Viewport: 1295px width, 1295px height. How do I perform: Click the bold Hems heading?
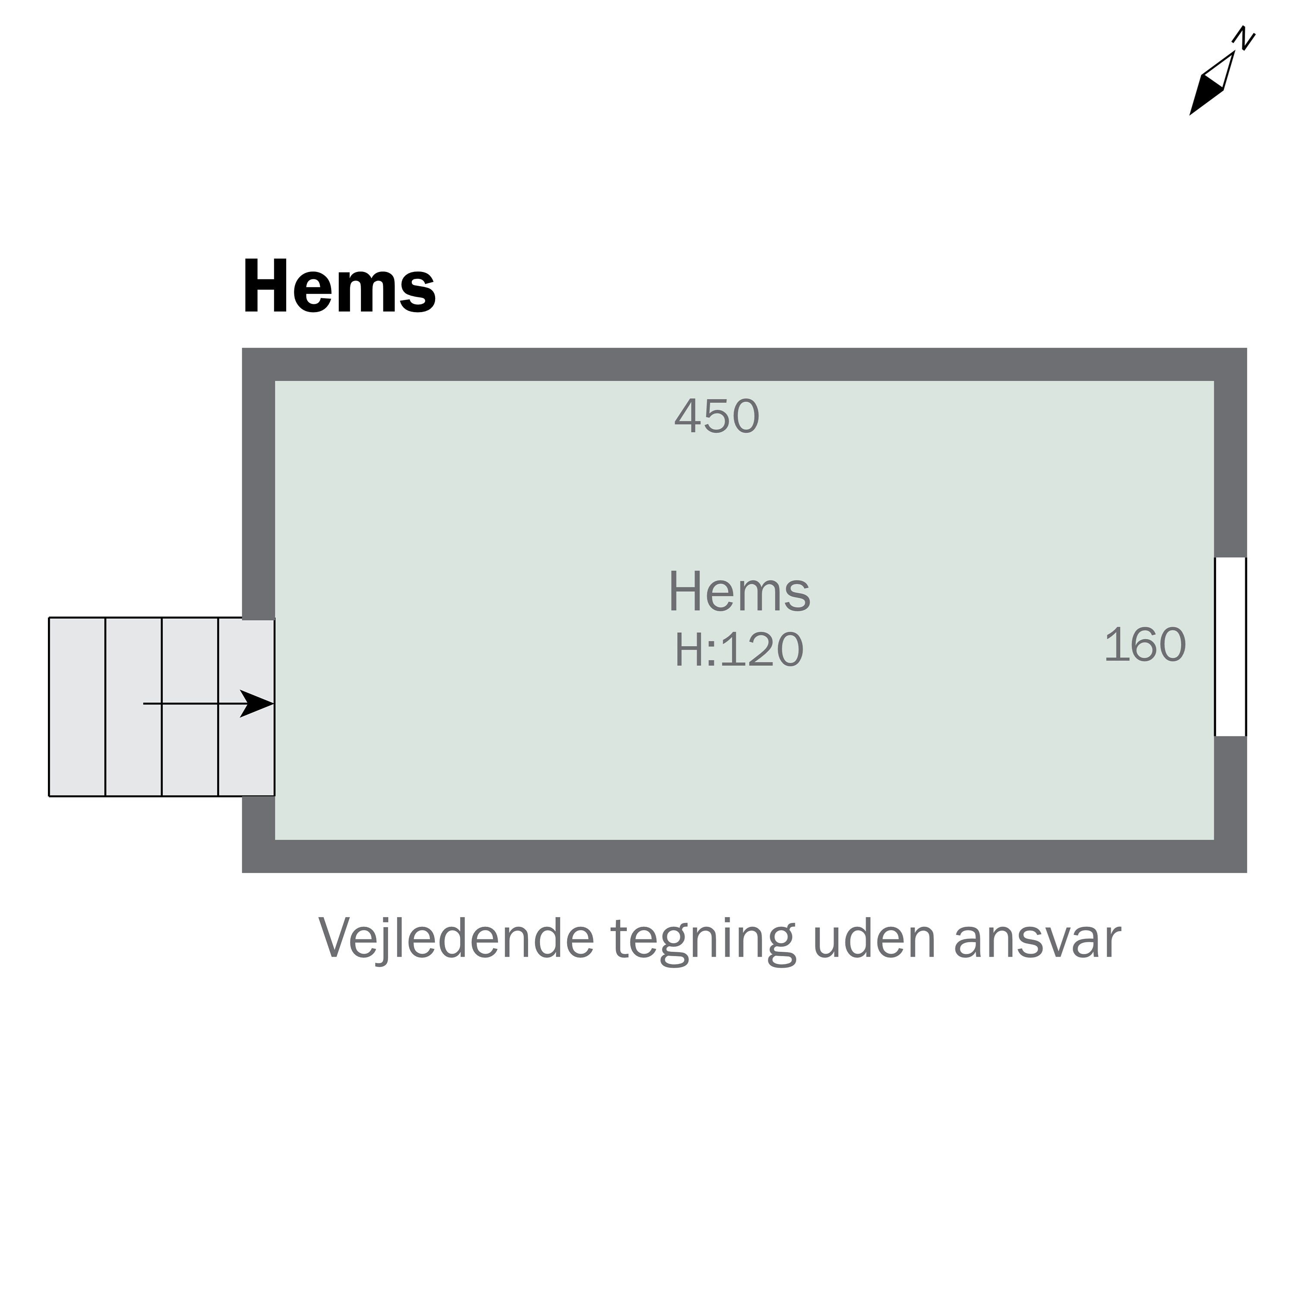pos(339,287)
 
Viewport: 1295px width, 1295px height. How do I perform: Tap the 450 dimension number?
pos(717,417)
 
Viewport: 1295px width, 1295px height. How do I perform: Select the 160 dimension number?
pos(1145,645)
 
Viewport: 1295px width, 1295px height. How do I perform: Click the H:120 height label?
pos(739,650)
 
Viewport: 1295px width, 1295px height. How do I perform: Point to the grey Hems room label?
pos(739,593)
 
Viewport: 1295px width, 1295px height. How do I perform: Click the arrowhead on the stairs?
pos(258,704)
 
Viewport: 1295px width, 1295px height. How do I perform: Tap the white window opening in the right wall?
pos(1231,647)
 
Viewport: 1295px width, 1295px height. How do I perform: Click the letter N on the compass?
pos(1245,38)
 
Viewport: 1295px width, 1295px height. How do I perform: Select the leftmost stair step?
pos(77,707)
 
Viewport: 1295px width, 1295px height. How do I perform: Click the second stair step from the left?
pos(133,707)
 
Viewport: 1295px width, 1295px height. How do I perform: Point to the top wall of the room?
pos(744,364)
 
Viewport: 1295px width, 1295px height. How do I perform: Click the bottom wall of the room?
pos(744,856)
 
